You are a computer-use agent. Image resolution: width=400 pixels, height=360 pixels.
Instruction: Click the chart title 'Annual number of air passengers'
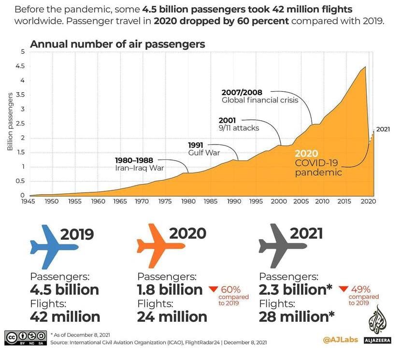point(117,44)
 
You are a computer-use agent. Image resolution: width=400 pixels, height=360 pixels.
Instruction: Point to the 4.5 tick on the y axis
point(20,66)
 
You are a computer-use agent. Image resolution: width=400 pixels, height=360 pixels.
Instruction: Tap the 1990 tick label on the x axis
point(233,201)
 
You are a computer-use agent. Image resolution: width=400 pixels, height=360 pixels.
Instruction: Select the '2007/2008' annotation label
point(242,92)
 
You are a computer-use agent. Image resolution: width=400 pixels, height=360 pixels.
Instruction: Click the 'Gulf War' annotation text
point(204,153)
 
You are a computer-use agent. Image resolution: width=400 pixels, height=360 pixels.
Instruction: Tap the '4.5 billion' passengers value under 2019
point(64,290)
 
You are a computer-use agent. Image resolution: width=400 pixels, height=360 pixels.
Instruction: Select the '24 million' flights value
point(172,317)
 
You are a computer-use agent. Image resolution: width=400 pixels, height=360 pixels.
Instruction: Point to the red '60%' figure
point(230,290)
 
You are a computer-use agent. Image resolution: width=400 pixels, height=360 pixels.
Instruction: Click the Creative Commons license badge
point(25,337)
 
